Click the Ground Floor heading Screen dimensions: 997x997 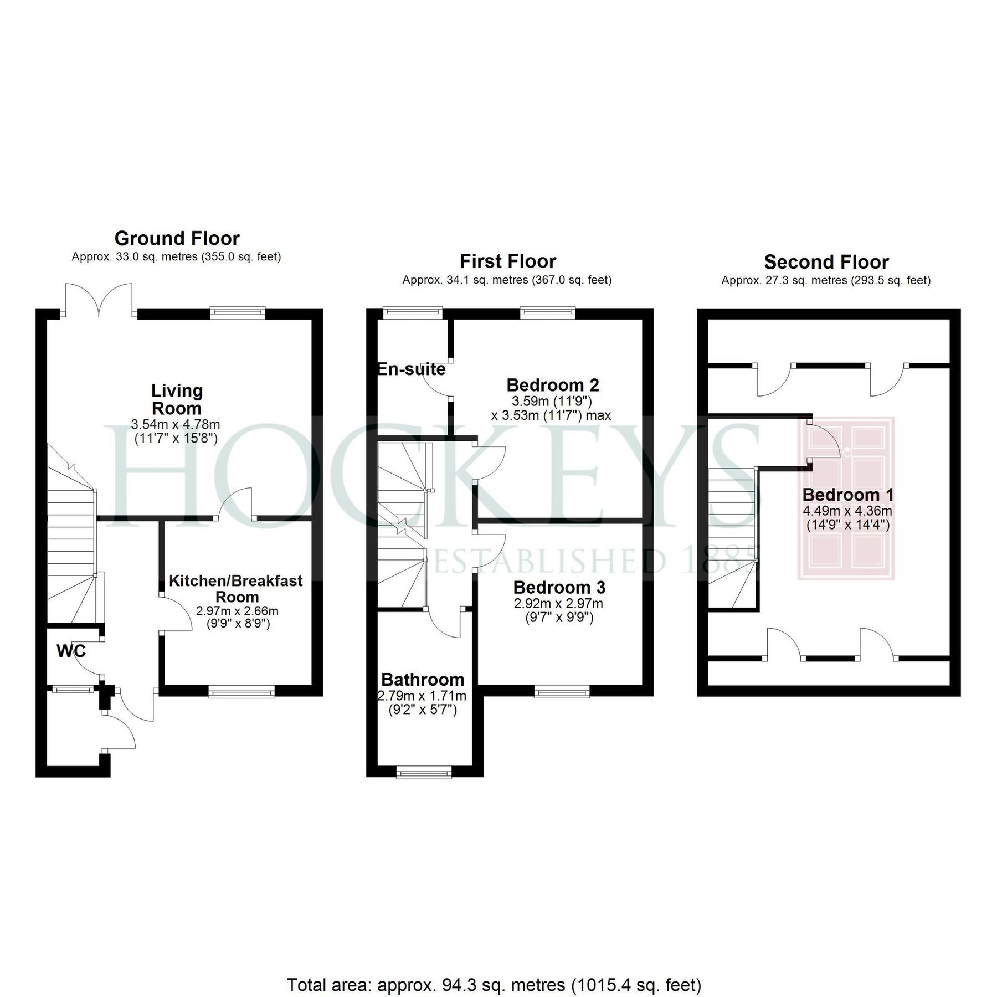click(x=177, y=238)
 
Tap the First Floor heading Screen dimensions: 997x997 click(x=507, y=261)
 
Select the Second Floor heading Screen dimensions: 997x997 click(x=826, y=261)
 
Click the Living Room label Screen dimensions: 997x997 click(x=177, y=399)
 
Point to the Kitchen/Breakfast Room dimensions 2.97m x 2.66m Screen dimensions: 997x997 click(x=237, y=611)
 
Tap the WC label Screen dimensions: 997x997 click(x=71, y=651)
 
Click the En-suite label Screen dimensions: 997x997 click(x=412, y=369)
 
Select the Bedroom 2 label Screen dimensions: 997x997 click(x=552, y=384)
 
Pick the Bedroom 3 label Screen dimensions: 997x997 click(x=559, y=587)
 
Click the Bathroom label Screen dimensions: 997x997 click(x=423, y=680)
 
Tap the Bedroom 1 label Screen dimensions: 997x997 click(x=847, y=495)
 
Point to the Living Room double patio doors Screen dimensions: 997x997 click(x=99, y=302)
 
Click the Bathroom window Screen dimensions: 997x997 click(x=424, y=772)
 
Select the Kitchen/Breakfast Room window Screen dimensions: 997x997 click(x=241, y=691)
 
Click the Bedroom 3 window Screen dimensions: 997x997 click(x=562, y=691)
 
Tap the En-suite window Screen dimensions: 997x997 click(x=413, y=313)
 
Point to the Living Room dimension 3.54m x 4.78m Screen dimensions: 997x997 click(x=176, y=425)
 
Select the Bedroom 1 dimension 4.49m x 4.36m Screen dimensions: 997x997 click(x=847, y=511)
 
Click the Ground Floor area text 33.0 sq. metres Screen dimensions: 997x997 click(x=176, y=257)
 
